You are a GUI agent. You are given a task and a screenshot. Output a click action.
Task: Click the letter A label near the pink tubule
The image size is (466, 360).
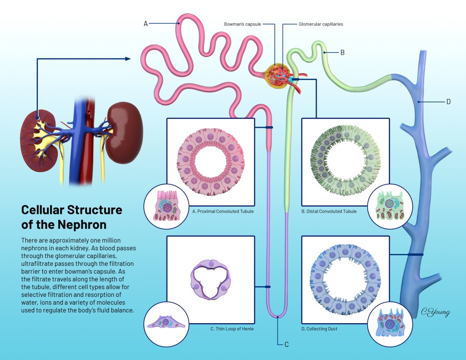click(x=146, y=23)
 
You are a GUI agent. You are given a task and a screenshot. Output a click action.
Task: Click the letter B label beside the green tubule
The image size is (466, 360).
click(x=342, y=52)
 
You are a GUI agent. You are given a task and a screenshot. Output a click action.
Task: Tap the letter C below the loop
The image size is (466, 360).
click(x=286, y=344)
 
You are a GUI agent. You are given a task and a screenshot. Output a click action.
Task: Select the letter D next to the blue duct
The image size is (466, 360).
click(x=448, y=101)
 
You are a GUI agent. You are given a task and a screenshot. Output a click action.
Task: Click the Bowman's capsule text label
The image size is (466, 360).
click(x=243, y=24)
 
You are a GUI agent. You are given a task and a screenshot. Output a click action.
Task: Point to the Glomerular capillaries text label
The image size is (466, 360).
click(x=321, y=24)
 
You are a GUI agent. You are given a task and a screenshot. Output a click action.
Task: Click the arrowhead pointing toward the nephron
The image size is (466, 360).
click(x=128, y=58)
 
